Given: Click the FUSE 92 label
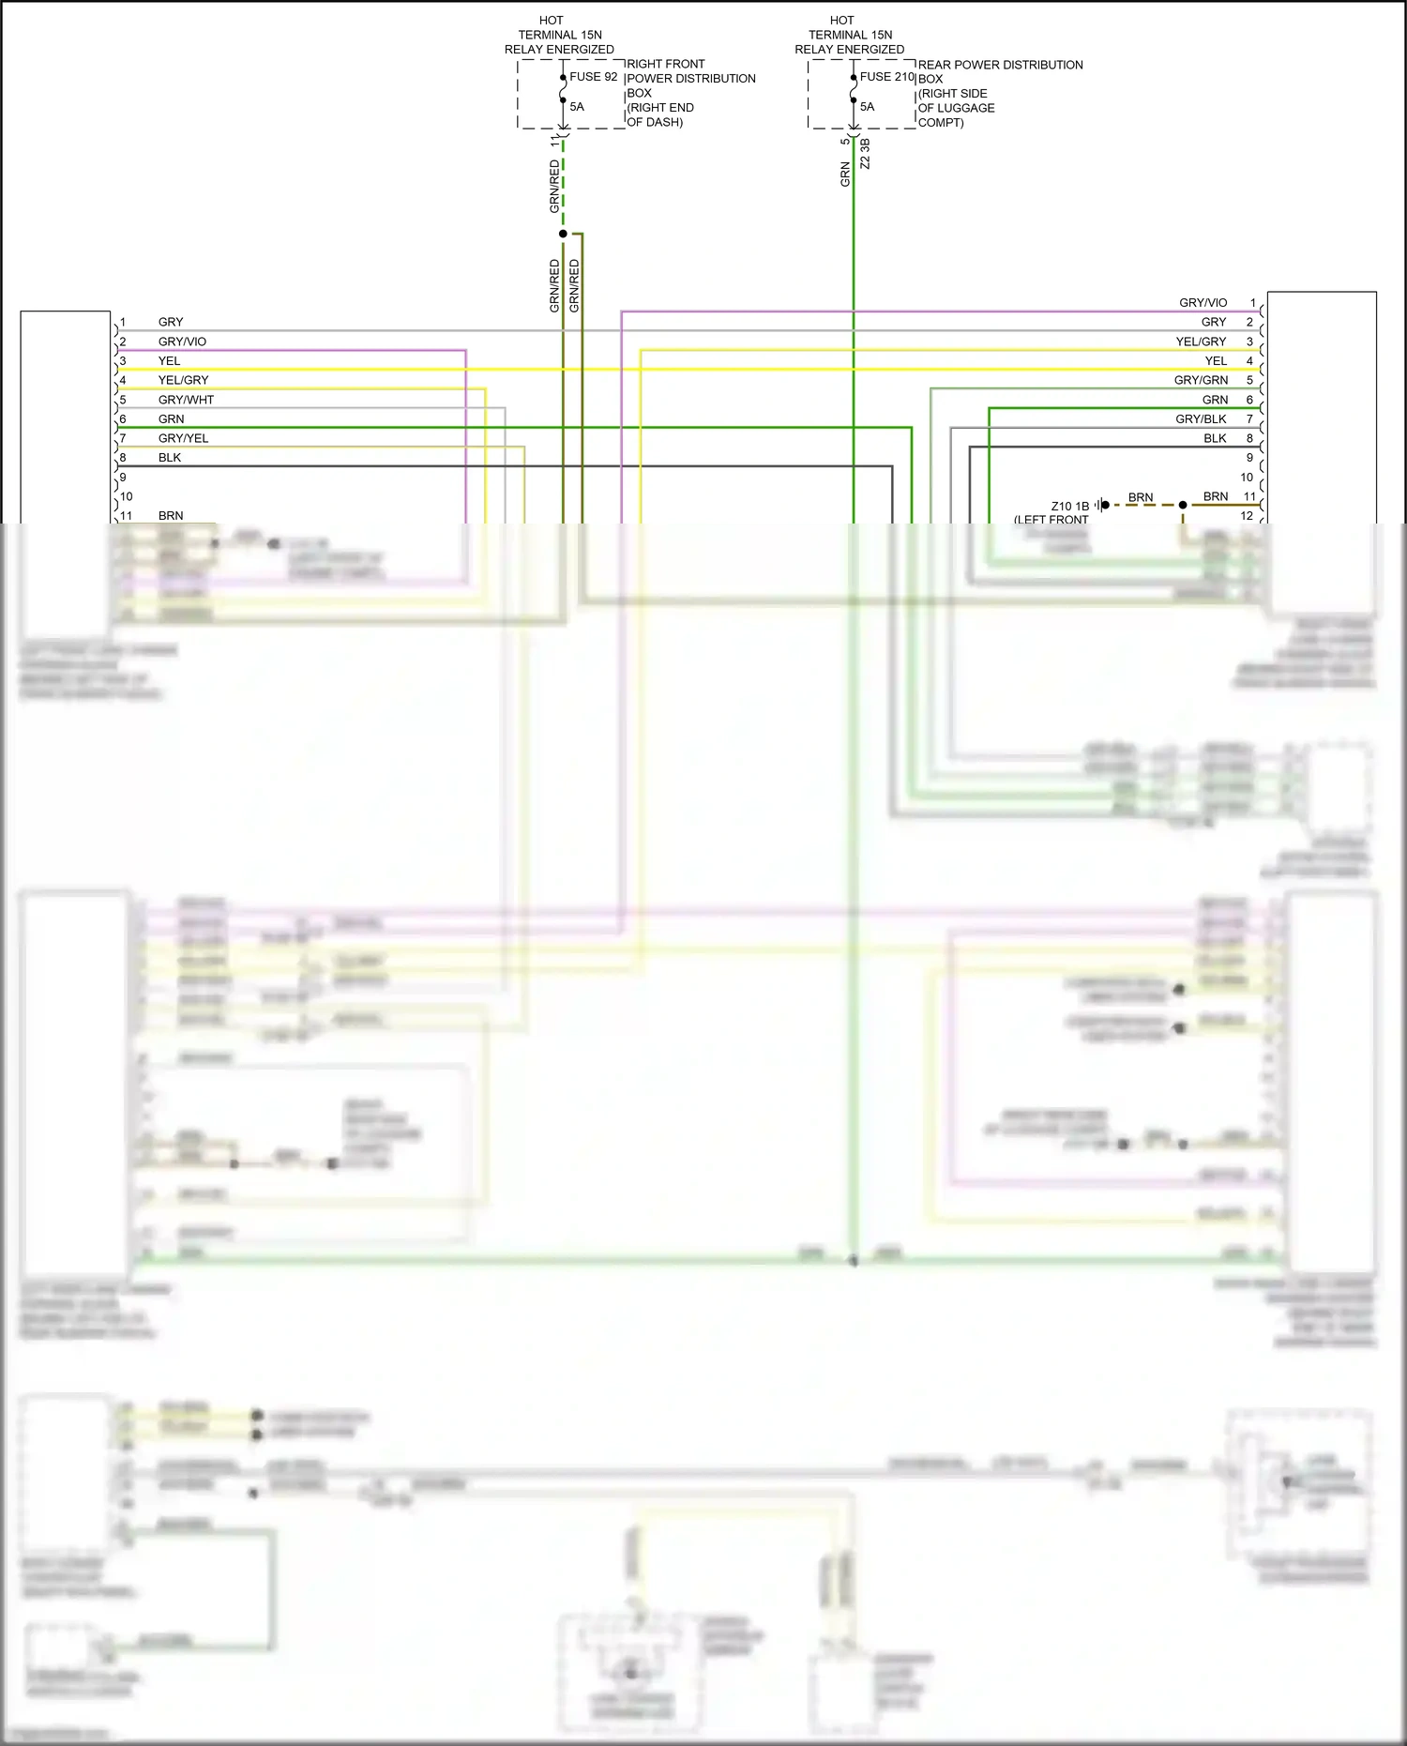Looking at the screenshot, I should tap(593, 77).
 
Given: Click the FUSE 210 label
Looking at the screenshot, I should tap(886, 77).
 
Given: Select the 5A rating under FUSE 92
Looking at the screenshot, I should tap(577, 107).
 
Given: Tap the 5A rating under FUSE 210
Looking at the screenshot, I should tap(867, 107).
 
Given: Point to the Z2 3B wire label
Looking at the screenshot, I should tap(865, 154).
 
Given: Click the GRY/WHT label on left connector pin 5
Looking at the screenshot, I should tap(186, 400).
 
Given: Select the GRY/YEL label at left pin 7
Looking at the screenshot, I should tap(183, 438).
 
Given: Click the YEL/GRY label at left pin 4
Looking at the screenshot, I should tap(183, 380).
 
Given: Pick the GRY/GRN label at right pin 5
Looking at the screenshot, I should tap(1201, 380).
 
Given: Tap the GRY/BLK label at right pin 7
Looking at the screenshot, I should tap(1201, 419).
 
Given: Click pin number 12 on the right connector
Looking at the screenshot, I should tap(1247, 516).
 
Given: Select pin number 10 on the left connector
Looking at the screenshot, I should tap(127, 497).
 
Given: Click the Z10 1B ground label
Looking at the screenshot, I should tap(1069, 507).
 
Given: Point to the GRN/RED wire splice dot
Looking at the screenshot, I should tap(563, 234).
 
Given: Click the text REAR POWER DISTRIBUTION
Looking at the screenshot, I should tap(1000, 65).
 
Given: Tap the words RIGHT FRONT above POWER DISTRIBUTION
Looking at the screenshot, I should tap(665, 64).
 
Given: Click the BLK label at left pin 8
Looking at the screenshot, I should tap(170, 458).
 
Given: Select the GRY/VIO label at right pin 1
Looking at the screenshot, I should tap(1203, 303).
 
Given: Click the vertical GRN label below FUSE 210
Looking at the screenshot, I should tap(845, 174).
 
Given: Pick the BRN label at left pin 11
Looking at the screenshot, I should tap(171, 516).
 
